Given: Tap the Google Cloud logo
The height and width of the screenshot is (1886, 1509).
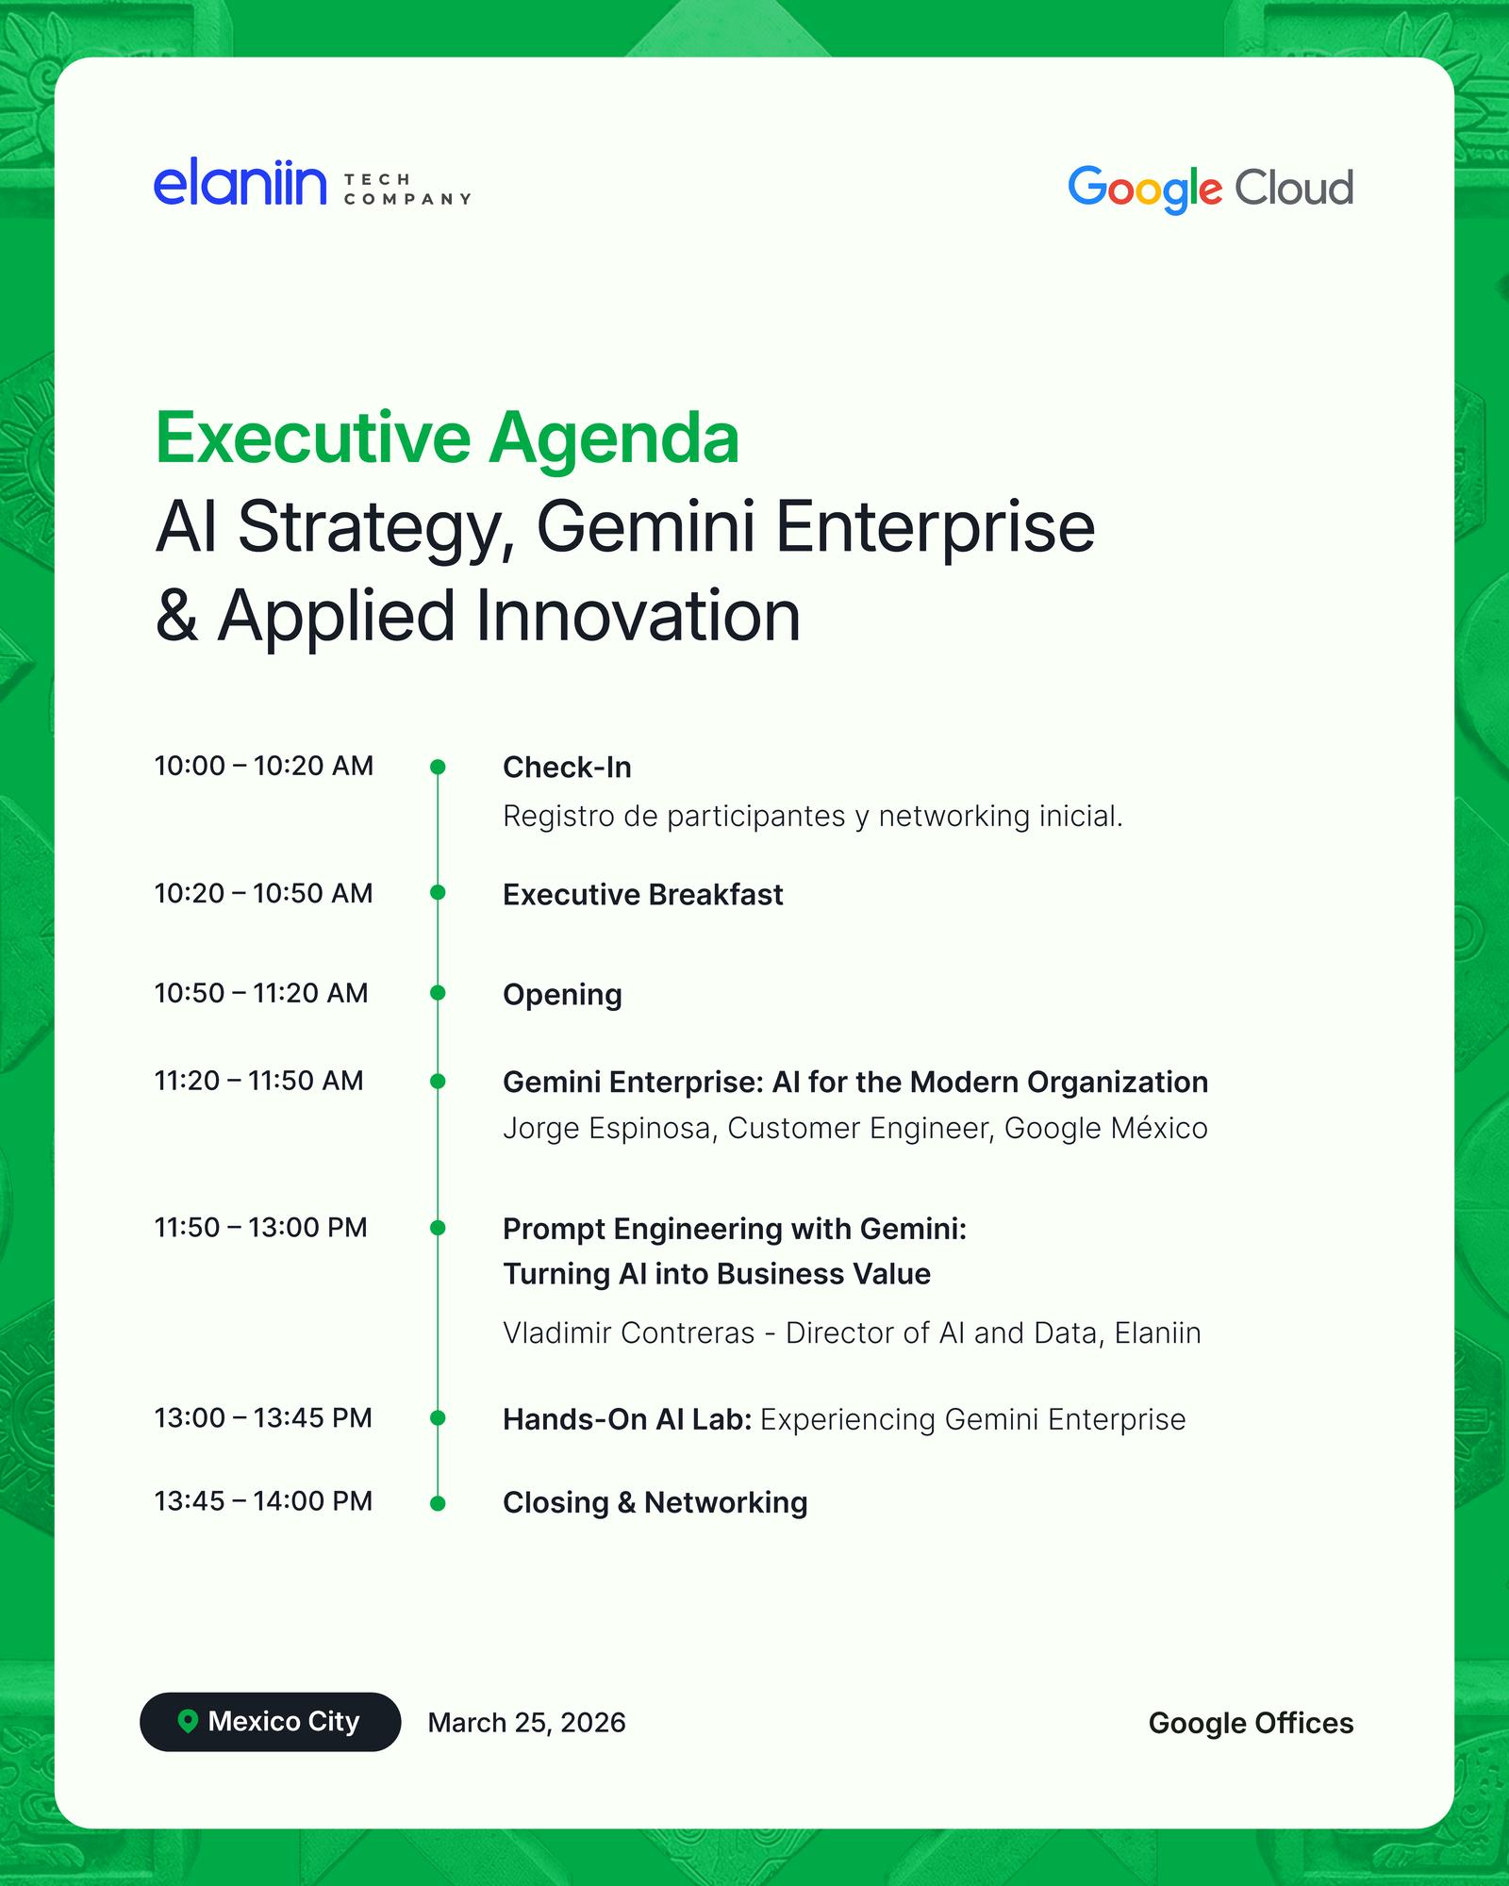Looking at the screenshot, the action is pos(1210,190).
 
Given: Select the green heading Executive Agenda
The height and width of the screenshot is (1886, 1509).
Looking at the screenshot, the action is pos(447,438).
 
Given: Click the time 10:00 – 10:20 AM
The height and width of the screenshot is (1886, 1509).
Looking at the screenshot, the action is pos(264,766).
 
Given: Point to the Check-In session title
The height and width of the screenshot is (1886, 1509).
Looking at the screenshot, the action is pos(567,768).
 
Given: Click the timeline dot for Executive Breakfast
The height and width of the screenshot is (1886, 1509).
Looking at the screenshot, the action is pos(438,892).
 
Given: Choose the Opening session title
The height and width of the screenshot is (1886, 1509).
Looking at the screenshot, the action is pos(562,995).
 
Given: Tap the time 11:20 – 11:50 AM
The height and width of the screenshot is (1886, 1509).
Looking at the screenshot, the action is pos(259,1081).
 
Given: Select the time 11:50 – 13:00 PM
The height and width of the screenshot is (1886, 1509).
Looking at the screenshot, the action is pos(261,1228).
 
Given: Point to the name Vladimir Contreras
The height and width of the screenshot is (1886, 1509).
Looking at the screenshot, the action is pos(629,1332).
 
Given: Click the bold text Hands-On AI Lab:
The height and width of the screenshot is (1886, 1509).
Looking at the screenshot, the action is pos(627,1419).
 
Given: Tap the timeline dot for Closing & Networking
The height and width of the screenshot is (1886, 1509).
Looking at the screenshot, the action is pos(438,1503).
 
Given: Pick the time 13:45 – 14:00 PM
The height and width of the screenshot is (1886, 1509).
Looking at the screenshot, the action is pos(264,1501).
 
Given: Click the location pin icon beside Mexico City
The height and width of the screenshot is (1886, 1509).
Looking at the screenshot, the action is pos(188,1722).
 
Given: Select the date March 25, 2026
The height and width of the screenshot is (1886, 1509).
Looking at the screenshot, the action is pos(527,1723).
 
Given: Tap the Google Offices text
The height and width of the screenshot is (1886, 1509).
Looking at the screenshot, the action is pos(1252,1723).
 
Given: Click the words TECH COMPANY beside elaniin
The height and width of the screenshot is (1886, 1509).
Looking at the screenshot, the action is pos(407,189).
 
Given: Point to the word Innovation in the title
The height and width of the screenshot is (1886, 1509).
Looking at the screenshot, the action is pos(638,616).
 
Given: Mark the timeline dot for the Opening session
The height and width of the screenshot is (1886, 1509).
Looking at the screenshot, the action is pos(438,992).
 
